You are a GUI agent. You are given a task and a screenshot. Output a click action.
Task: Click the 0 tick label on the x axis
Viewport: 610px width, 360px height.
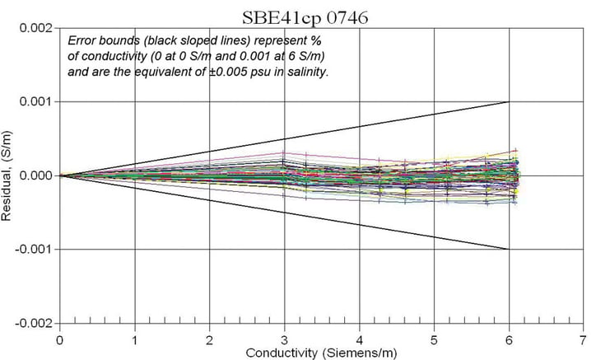coord(60,339)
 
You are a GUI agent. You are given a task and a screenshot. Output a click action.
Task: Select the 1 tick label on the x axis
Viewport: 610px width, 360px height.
coord(135,339)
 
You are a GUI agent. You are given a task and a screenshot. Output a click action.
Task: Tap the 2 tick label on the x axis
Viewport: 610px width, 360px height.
coord(210,339)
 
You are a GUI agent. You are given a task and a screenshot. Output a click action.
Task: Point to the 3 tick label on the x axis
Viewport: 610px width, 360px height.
coord(284,339)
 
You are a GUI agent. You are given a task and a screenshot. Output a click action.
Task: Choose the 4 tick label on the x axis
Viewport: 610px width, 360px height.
coord(359,339)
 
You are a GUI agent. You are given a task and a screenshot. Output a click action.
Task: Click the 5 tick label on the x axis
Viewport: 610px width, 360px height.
coord(434,339)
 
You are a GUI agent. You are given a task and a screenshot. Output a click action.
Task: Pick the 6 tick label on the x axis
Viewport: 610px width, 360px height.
coord(509,339)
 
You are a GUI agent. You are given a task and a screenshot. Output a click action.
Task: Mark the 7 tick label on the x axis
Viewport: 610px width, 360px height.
coord(583,339)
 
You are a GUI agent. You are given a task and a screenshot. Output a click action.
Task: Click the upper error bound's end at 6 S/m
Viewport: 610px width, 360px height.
coord(508,102)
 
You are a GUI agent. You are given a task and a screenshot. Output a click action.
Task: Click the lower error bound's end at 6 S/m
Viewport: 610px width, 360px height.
coord(508,249)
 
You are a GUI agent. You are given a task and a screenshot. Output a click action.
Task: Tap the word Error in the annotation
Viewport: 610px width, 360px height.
coord(81,40)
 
